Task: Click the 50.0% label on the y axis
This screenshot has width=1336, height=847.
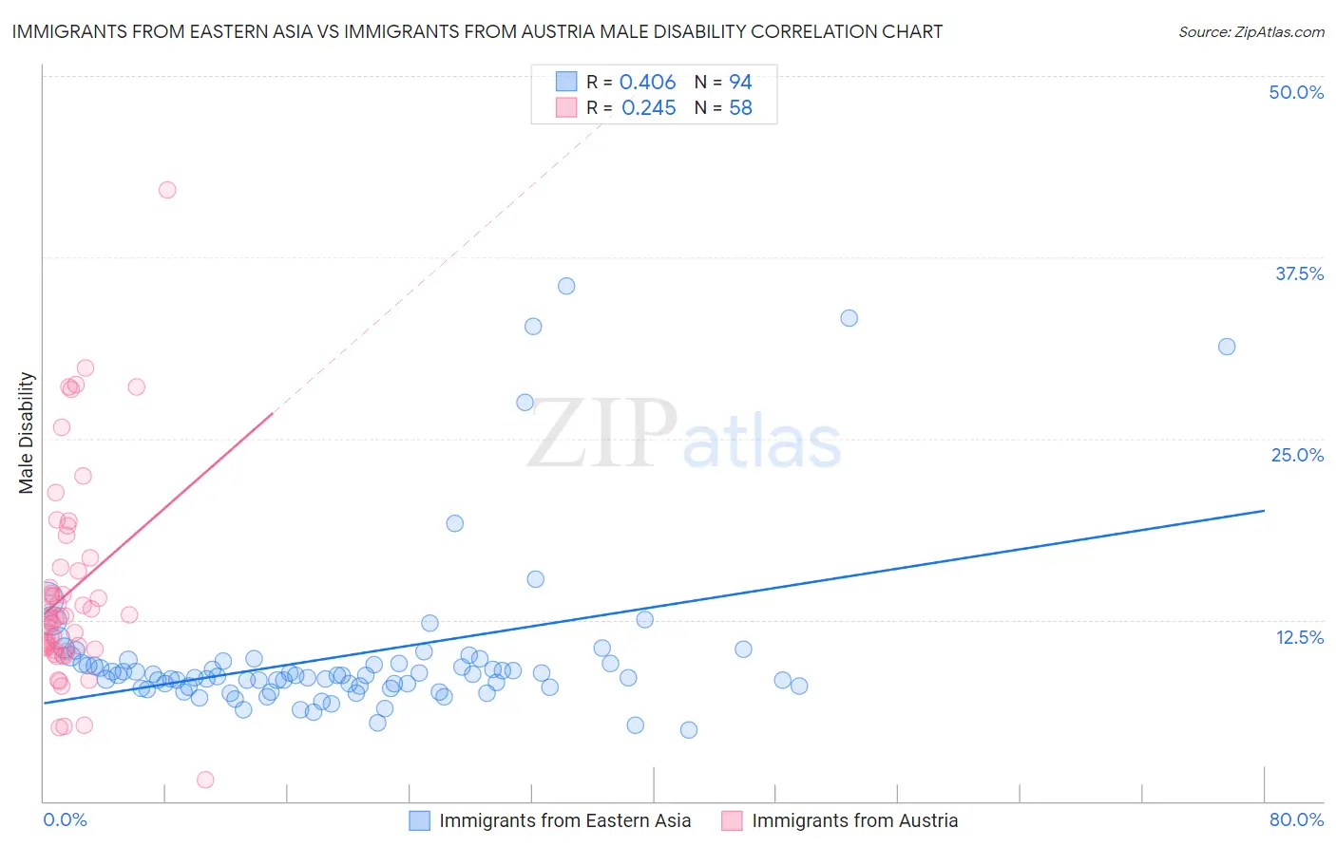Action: pyautogui.click(x=1296, y=92)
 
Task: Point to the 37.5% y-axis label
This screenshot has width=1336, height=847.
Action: pyautogui.click(x=1299, y=273)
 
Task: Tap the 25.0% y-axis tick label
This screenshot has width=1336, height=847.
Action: pyautogui.click(x=1297, y=455)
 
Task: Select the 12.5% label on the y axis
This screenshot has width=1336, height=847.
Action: pyautogui.click(x=1299, y=637)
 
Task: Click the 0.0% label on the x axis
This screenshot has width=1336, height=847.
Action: pyautogui.click(x=65, y=819)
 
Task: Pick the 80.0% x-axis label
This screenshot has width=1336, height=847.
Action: pyautogui.click(x=1296, y=819)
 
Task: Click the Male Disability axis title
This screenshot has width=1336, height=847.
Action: pyautogui.click(x=27, y=432)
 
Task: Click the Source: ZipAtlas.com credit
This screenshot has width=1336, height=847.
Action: pyautogui.click(x=1250, y=31)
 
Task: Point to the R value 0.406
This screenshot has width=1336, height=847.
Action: pyautogui.click(x=647, y=83)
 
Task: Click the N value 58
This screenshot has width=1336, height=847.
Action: pyautogui.click(x=740, y=108)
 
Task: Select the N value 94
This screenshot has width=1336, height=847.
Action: pyautogui.click(x=740, y=83)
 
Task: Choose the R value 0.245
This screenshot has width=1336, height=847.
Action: pyautogui.click(x=648, y=108)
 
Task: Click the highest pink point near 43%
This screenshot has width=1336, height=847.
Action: pyautogui.click(x=167, y=190)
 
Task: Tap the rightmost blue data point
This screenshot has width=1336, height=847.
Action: pyautogui.click(x=1227, y=347)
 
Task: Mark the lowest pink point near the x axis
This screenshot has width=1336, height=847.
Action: pyautogui.click(x=205, y=780)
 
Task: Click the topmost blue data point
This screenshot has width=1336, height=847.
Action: pyautogui.click(x=566, y=286)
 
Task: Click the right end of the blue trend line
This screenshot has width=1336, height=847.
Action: pyautogui.click(x=1264, y=511)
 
